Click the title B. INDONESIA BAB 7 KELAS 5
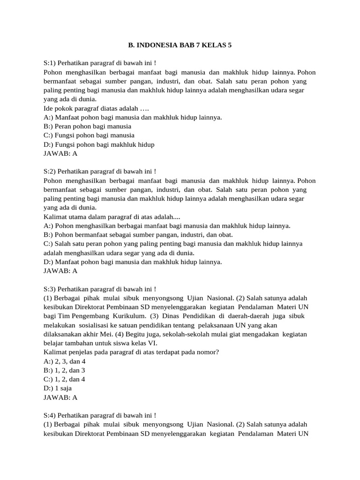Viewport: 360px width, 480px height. pyautogui.click(x=180, y=45)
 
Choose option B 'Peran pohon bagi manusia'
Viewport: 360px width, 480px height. pyautogui.click(x=87, y=127)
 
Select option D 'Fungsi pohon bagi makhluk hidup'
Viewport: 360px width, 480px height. pyautogui.click(x=98, y=144)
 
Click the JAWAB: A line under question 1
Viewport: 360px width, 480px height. pyautogui.click(x=60, y=153)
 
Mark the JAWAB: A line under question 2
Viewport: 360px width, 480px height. pyautogui.click(x=60, y=271)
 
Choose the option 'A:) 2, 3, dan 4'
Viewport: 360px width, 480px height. pyautogui.click(x=65, y=361)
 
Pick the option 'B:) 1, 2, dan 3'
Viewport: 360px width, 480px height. pyautogui.click(x=64, y=370)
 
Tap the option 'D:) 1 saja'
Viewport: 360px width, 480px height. pyautogui.click(x=58, y=388)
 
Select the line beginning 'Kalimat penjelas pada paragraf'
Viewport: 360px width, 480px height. pyautogui.click(x=131, y=352)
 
